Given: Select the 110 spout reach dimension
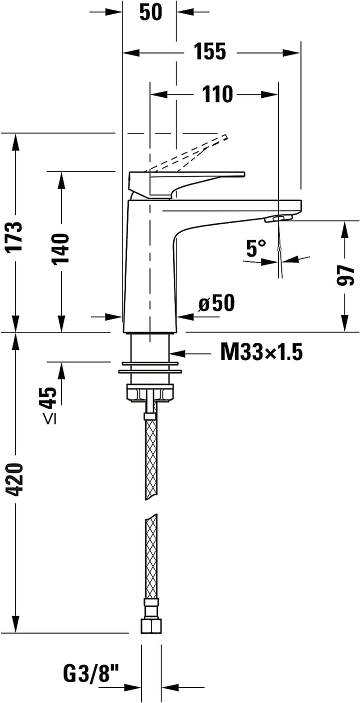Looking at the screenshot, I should click(217, 94).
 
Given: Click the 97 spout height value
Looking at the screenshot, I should click(344, 275).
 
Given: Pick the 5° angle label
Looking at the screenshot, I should click(256, 248).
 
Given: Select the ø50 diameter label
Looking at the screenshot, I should click(216, 303).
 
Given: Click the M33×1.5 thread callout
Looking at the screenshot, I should click(261, 353).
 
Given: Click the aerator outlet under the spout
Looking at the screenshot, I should click(278, 218).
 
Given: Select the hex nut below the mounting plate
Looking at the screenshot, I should click(150, 393).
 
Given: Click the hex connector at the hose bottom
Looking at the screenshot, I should click(150, 625).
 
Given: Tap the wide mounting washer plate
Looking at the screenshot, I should click(150, 371).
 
